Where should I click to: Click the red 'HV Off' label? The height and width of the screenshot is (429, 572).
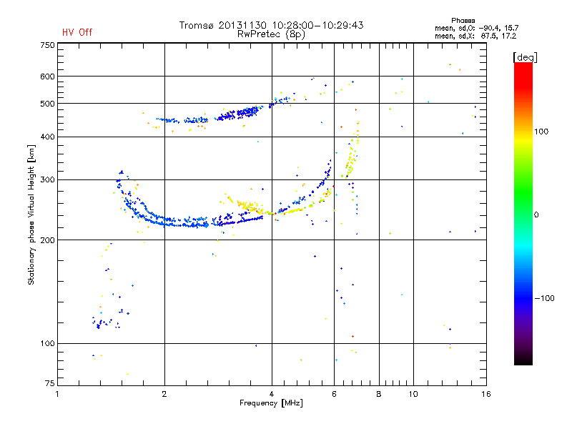click(77, 32)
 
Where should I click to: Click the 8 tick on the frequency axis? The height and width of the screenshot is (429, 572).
click(379, 393)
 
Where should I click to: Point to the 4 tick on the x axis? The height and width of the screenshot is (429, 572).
click(272, 393)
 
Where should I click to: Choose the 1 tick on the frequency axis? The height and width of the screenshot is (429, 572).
click(58, 393)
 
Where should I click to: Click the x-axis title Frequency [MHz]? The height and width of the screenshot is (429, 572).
click(272, 403)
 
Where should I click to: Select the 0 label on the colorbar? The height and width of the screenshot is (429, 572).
click(536, 214)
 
